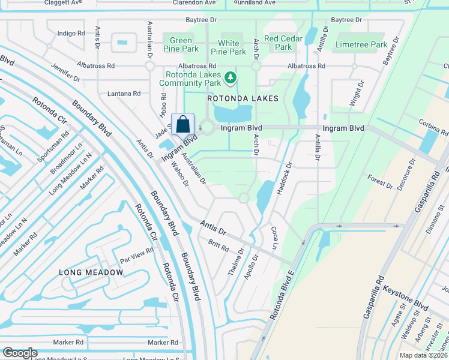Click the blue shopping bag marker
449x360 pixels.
(x=183, y=124)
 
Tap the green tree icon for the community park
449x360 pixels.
(x=230, y=77)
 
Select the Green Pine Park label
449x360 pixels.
(x=181, y=44)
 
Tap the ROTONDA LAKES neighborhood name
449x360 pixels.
(x=243, y=98)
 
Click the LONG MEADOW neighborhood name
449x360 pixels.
(x=91, y=272)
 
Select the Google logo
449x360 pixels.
(x=20, y=353)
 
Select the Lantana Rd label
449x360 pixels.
(x=124, y=94)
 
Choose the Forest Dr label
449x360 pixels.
(x=381, y=182)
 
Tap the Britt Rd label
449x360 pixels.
(x=218, y=245)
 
